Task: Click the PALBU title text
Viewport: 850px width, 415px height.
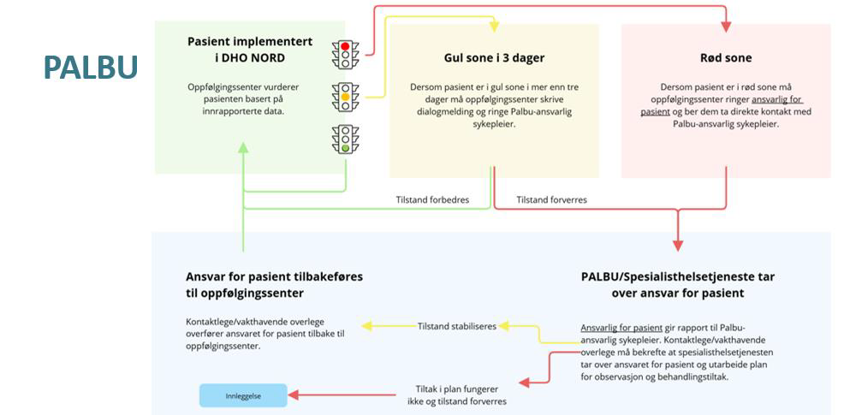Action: pos(91,67)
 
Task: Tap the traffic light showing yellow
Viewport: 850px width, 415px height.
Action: pos(346,96)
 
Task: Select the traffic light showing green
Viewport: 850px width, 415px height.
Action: pos(346,139)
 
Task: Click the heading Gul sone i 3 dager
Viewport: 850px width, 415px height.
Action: pos(493,58)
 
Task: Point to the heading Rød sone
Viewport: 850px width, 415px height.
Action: pos(726,58)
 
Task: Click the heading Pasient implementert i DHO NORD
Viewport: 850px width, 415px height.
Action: pos(250,50)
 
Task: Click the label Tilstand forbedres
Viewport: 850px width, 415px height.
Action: pos(431,199)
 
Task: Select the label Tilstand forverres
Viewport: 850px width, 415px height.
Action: pos(551,199)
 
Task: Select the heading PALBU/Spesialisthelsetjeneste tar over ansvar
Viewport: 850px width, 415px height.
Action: pos(677,284)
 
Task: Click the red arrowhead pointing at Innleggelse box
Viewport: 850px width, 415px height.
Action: pos(293,394)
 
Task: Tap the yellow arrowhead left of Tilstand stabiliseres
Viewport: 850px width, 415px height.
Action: pos(366,326)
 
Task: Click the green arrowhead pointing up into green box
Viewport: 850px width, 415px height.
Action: pos(243,147)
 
